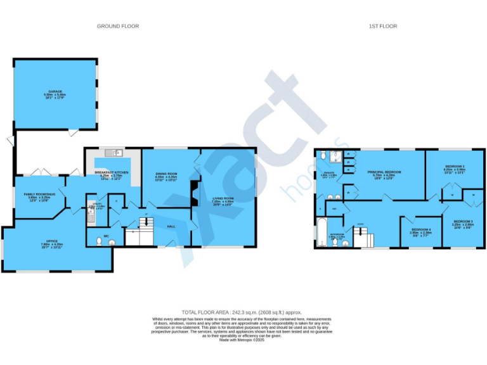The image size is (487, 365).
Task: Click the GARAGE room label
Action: (x=55, y=91)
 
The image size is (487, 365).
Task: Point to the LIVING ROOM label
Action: (x=226, y=199)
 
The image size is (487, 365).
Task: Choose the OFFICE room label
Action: (x=52, y=241)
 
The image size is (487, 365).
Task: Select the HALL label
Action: (x=171, y=226)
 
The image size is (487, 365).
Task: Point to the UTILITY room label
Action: (x=92, y=204)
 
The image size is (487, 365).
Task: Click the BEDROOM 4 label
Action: (x=421, y=229)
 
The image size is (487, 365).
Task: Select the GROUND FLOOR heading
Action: (x=118, y=26)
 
